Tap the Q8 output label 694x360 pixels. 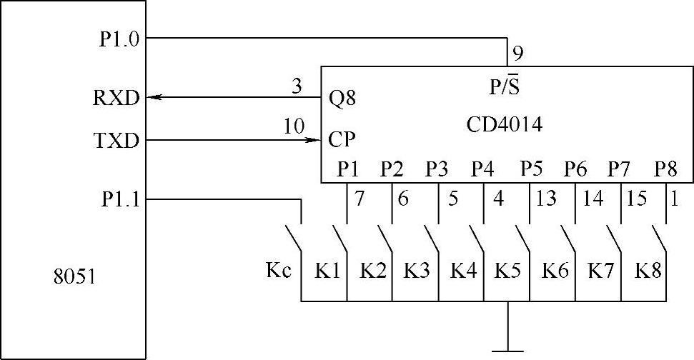(342, 98)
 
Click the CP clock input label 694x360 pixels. (342, 138)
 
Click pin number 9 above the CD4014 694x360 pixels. (517, 54)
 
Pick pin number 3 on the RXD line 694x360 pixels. (297, 86)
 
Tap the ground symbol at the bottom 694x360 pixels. (507, 350)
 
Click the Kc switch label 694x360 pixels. (278, 271)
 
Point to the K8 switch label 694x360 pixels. (648, 271)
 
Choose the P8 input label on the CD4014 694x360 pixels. (666, 170)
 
